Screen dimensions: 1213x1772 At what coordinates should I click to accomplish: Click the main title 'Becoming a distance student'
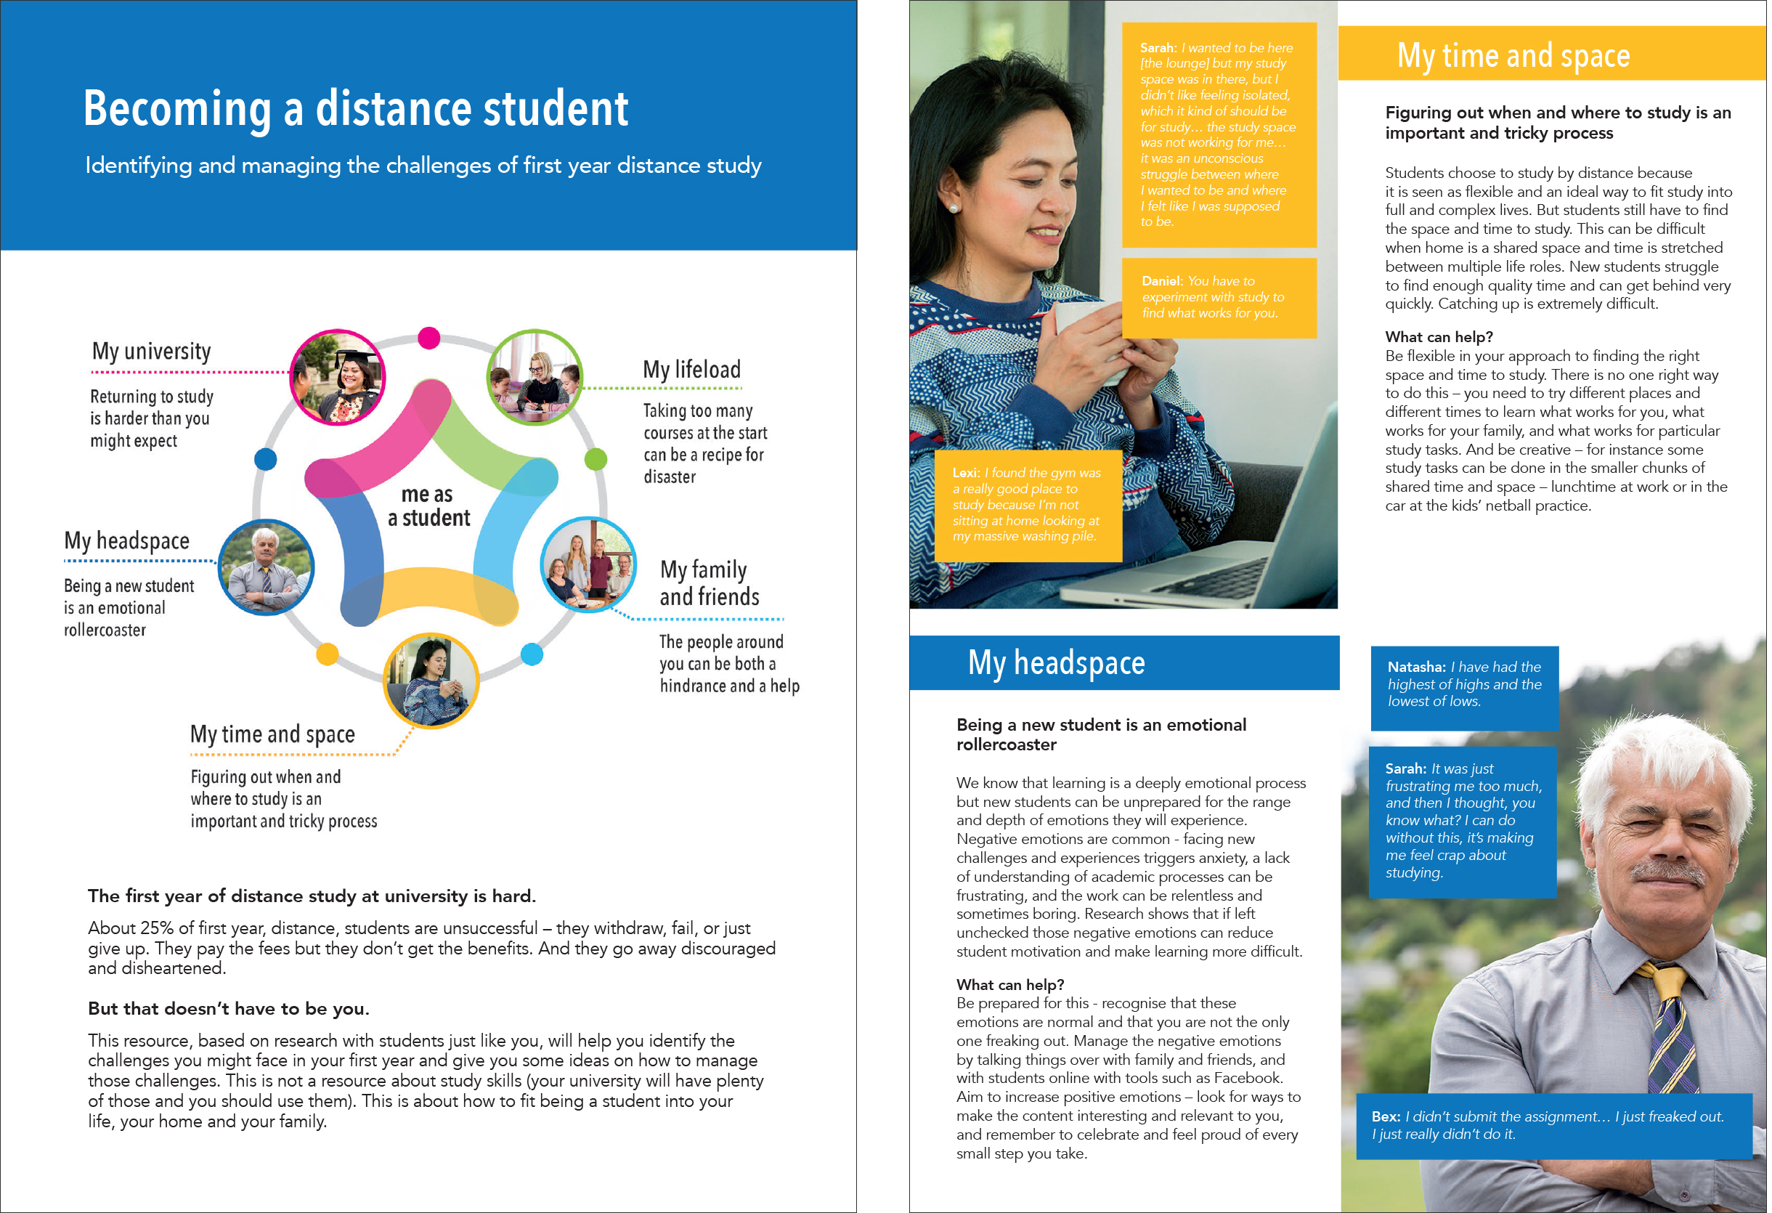(355, 108)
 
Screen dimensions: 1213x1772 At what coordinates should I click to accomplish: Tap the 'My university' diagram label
(151, 351)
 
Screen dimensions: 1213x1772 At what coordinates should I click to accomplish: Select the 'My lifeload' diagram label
(691, 370)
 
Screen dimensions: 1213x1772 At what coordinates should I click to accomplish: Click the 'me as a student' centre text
(428, 506)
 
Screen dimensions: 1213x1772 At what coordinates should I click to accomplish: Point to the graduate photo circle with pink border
(338, 377)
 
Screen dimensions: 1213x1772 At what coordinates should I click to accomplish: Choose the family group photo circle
(588, 564)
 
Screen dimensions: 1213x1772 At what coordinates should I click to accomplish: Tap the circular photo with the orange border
(431, 680)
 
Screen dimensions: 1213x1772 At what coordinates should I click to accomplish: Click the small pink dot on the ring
(429, 337)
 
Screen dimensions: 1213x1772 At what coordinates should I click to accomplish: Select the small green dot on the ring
(596, 459)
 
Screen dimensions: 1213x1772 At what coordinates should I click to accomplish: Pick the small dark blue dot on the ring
(265, 459)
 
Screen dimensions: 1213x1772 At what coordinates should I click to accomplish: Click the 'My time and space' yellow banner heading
(1513, 56)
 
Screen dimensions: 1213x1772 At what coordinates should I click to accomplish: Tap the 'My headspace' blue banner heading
(1056, 662)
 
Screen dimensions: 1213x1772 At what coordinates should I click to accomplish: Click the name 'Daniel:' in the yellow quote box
(1161, 281)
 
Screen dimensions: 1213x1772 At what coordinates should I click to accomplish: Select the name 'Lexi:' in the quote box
(966, 473)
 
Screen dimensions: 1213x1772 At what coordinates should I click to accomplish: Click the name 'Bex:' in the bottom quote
(1385, 1116)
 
